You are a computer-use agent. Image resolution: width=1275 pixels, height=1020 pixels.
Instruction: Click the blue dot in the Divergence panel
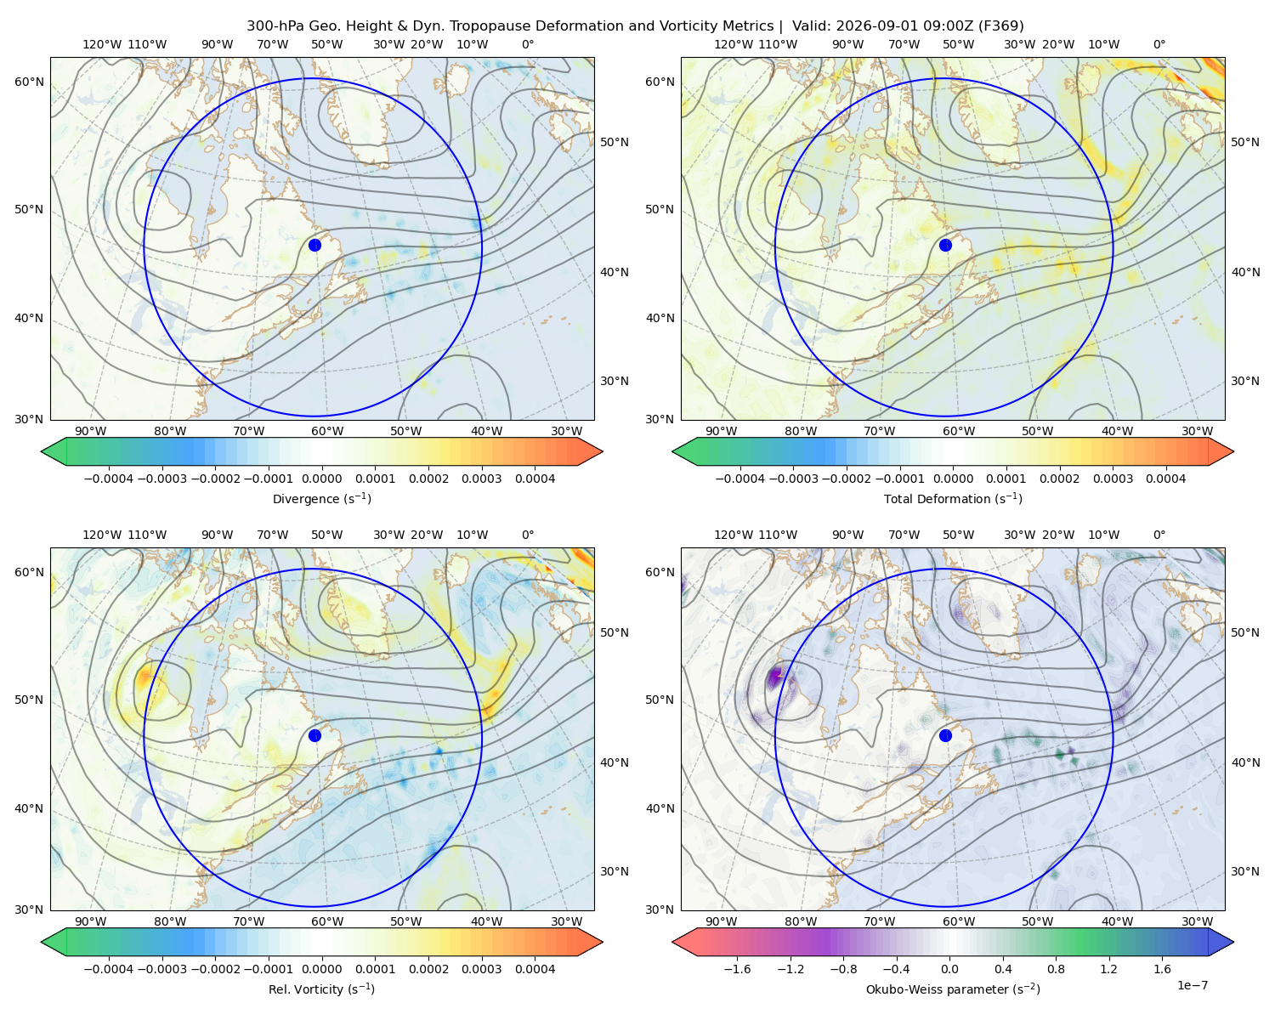tap(314, 245)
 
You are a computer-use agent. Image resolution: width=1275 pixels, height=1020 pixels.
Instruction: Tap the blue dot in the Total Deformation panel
tap(945, 245)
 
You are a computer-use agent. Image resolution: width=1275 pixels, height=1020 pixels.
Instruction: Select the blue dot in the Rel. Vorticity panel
tap(314, 735)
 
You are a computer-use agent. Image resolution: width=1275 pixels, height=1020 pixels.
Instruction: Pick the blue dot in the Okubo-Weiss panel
tap(945, 735)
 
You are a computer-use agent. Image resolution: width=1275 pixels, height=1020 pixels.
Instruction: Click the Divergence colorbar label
tap(321, 498)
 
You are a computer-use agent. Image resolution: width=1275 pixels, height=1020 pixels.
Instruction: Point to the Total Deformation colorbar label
tap(953, 498)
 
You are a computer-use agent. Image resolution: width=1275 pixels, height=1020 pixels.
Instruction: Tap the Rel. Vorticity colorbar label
tap(321, 989)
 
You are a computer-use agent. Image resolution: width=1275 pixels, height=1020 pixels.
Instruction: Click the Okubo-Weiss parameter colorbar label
tap(953, 989)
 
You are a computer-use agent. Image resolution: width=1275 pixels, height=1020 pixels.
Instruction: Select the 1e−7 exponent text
tap(1192, 985)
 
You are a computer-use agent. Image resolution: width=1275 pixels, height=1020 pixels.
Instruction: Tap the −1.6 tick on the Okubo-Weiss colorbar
tap(737, 968)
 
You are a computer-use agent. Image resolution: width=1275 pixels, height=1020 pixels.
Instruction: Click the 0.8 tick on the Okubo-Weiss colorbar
tap(1056, 968)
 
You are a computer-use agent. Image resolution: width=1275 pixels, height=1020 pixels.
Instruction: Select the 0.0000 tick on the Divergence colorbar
tap(321, 479)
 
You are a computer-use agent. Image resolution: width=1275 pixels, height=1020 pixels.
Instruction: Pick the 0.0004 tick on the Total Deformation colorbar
tap(1165, 479)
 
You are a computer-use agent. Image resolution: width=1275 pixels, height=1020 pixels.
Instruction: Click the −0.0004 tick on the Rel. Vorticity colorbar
tap(109, 968)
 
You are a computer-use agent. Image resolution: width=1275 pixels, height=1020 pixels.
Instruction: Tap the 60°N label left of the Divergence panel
tap(29, 82)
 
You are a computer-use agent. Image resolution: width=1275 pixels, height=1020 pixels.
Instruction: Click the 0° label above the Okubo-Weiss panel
tap(1159, 535)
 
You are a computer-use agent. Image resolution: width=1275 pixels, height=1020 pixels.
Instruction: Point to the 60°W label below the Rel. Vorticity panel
tap(327, 921)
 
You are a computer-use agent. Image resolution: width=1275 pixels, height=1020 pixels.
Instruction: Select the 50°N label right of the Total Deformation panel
tap(1245, 142)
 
